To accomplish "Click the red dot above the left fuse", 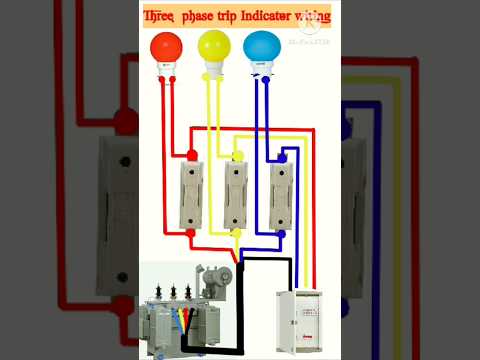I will (190, 155).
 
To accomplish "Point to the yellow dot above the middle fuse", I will (237, 155).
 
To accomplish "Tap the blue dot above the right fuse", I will (283, 155).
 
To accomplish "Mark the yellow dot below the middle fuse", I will (236, 231).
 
